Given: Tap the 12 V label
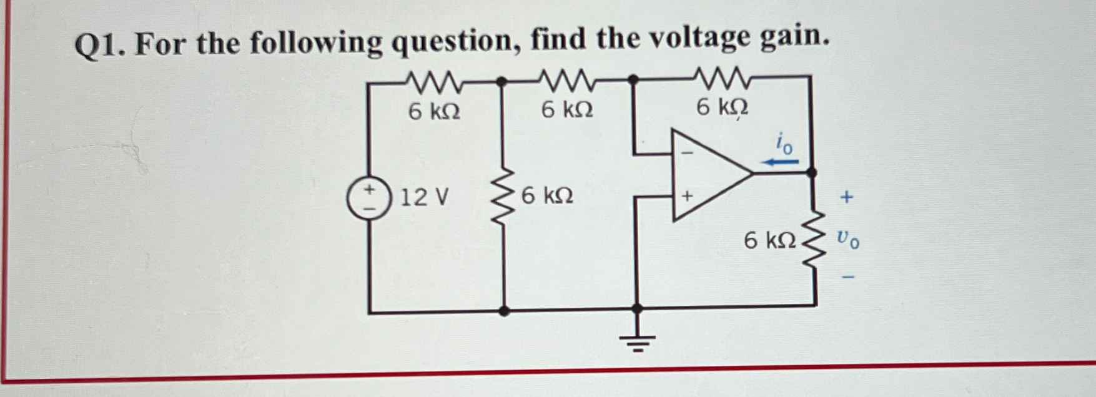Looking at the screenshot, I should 424,198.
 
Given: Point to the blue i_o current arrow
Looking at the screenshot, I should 779,162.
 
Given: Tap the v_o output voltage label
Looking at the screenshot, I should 847,238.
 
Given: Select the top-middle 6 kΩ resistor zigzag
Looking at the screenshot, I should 566,80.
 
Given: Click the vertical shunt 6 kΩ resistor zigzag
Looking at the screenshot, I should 503,198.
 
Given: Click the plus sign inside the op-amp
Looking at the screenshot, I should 687,197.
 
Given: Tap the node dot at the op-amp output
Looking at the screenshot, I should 811,173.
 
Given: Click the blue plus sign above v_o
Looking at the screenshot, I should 846,198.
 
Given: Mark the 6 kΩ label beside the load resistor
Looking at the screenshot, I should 769,240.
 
